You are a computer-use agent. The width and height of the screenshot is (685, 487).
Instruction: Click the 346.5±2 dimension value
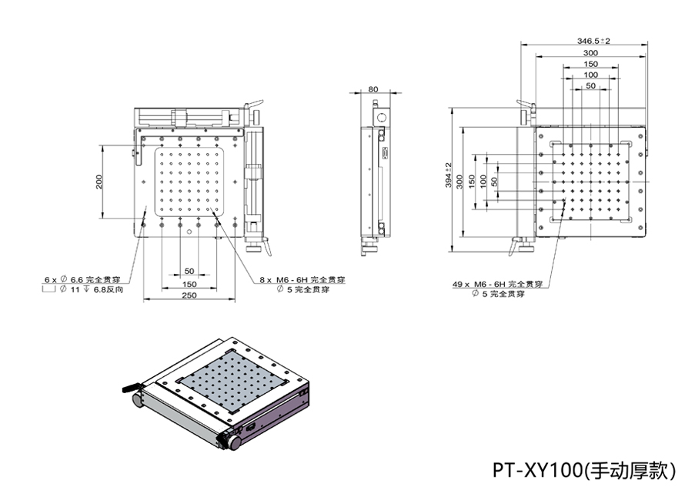click(593, 41)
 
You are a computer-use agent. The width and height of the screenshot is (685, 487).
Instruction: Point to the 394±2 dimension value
click(449, 179)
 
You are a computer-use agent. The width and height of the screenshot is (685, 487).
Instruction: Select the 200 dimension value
click(99, 182)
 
